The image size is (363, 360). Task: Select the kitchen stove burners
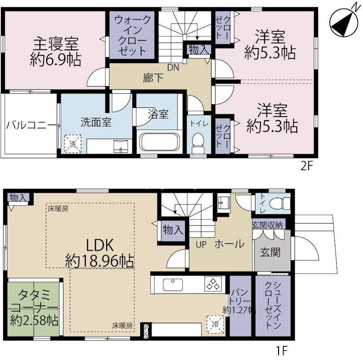pyautogui.click(x=212, y=284)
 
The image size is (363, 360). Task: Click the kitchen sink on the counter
pyautogui.click(x=172, y=284)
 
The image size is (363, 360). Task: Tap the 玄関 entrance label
pyautogui.click(x=270, y=252)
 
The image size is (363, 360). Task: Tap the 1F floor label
pyautogui.click(x=282, y=350)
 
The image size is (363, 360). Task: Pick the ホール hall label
pyautogui.click(x=229, y=244)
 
